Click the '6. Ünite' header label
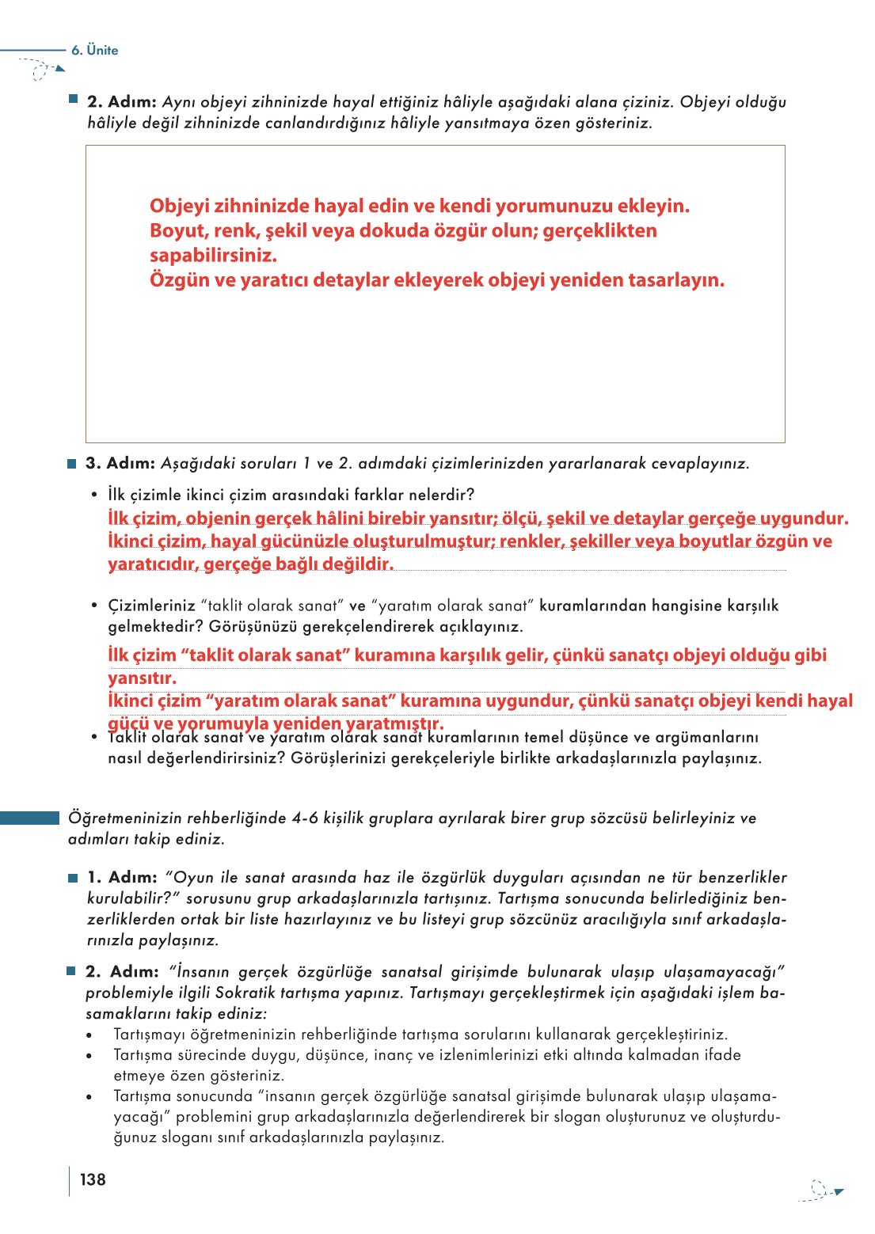[x=94, y=50]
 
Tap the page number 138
[x=93, y=1179]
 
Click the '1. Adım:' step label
[x=122, y=877]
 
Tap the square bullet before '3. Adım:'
[x=72, y=464]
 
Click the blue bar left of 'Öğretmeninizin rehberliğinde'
[x=29, y=818]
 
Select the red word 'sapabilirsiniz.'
[x=213, y=256]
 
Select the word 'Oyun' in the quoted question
[x=193, y=877]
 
